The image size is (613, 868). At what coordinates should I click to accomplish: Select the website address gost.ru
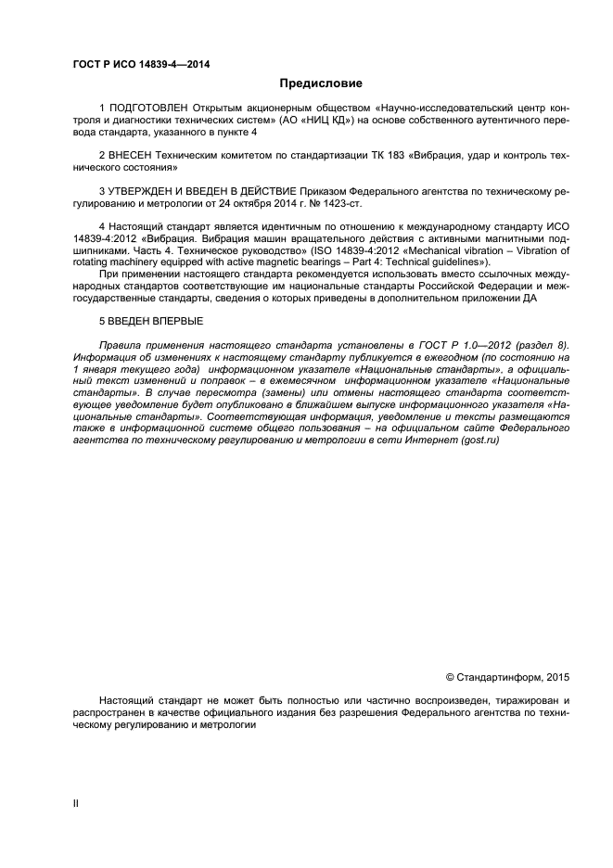pyautogui.click(x=479, y=440)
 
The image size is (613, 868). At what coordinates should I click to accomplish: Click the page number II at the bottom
pyautogui.click(x=77, y=803)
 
